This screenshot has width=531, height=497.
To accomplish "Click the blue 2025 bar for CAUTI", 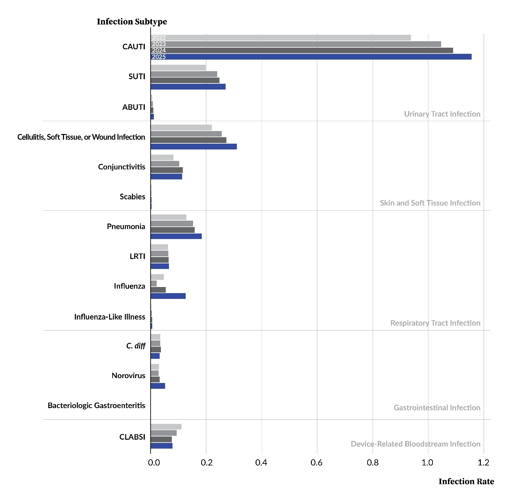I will point(311,57).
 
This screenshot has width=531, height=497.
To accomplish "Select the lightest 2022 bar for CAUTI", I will point(281,38).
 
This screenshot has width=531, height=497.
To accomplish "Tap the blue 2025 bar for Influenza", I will point(168,296).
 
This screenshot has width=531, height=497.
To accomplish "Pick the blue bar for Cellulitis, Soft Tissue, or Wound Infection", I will point(193,147).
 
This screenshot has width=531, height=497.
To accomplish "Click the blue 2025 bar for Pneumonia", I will point(176,236).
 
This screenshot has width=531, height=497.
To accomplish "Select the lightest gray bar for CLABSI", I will point(166,427).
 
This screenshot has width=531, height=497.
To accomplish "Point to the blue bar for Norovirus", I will point(158,386).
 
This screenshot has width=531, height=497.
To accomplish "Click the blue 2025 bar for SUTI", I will point(188,87).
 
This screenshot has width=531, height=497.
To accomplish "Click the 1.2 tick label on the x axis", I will point(483,463).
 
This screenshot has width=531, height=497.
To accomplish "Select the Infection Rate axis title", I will point(466,482).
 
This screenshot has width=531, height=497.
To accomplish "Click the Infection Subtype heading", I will point(132,22).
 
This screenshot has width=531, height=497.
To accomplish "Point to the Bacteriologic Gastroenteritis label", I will point(96,405).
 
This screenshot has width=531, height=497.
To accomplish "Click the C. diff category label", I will point(135,346).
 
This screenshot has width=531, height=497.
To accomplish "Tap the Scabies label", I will point(132,196).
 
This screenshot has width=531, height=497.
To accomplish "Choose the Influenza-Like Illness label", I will point(109,317).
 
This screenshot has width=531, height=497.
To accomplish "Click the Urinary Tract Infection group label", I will point(442,114).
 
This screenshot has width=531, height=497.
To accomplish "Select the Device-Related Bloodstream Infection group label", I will point(415,444).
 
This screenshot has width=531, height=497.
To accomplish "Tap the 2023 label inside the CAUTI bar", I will point(159,44).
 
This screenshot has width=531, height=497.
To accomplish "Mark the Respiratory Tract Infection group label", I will point(435,323).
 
